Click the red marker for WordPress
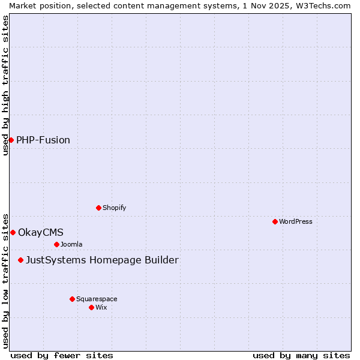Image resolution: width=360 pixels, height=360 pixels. pos(275,221)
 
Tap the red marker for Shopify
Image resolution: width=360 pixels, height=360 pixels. pos(98,208)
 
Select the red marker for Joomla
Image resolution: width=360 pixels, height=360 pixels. pos(56,244)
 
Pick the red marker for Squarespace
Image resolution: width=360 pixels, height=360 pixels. pos(72,299)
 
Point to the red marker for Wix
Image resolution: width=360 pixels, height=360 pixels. pos(91,307)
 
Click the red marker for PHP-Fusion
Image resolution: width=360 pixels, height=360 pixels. pos(11,140)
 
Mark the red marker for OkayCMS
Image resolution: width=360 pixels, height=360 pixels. pos(13,232)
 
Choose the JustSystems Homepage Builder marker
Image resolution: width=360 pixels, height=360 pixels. pos(20,260)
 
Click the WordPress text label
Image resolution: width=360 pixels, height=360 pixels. pos(296,221)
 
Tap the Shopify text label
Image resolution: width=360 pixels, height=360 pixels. pos(114,208)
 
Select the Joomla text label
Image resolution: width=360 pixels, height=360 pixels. pos(71,244)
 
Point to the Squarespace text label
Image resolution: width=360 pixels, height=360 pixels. pos(97,299)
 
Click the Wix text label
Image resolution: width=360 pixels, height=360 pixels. pos(101,307)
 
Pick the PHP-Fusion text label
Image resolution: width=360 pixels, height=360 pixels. pos(43,140)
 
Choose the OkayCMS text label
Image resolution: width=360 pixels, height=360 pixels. pos(41,232)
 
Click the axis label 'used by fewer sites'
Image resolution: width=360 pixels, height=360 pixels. pos(62,355)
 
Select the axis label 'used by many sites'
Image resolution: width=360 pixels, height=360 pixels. pos(301,355)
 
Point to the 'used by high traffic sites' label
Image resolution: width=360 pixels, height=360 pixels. pos(5,85)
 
